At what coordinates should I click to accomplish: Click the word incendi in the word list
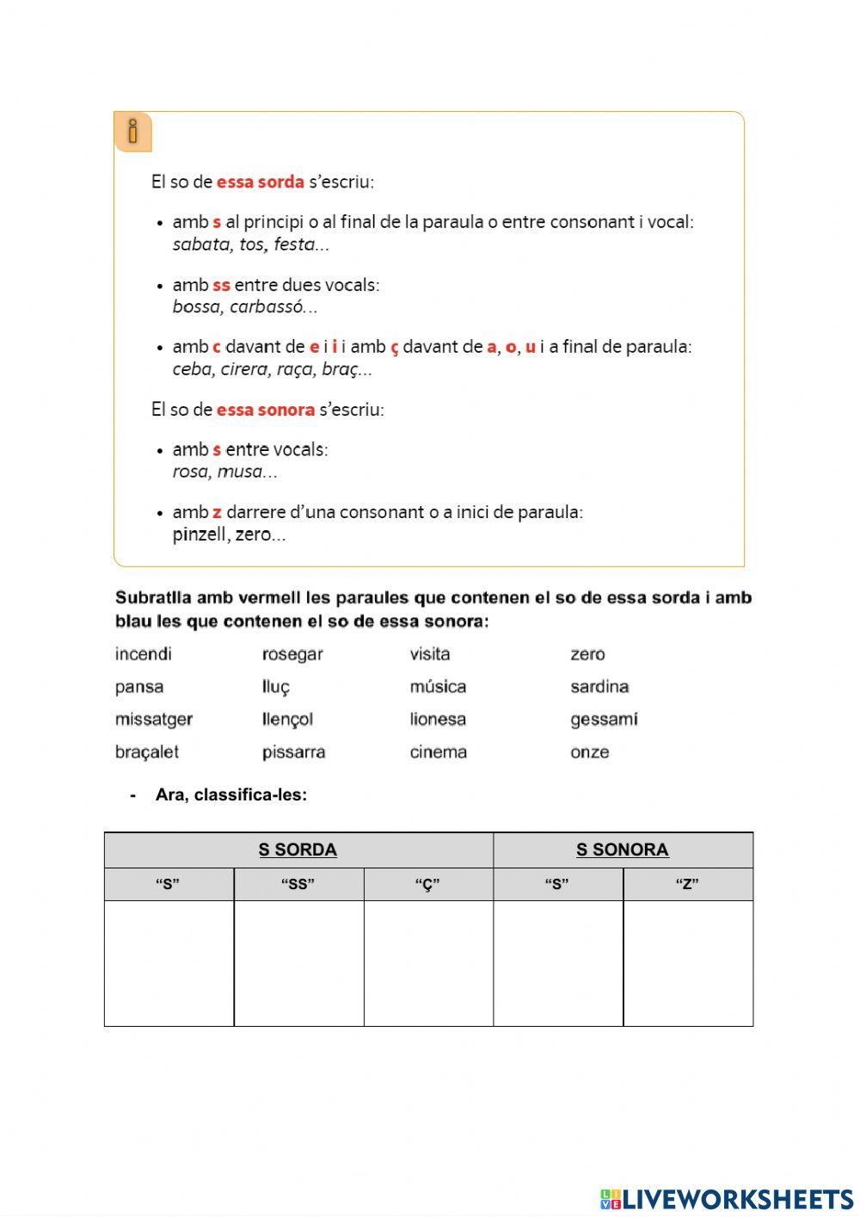143,654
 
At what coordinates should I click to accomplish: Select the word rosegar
292,654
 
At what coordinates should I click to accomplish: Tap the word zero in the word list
587,654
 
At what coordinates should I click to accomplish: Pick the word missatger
154,720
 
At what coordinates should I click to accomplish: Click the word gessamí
604,720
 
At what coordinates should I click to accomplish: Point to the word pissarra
293,752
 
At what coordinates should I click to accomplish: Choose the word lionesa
438,720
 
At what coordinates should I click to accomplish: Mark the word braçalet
147,752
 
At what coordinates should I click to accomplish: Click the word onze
589,752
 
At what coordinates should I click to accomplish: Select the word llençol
287,720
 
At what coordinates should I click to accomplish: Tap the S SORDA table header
298,850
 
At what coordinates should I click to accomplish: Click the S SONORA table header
622,850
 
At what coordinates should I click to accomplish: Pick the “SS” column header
298,885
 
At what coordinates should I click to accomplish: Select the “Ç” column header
427,885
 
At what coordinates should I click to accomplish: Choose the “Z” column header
687,885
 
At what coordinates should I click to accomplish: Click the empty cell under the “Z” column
687,963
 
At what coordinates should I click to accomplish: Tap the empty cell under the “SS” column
298,963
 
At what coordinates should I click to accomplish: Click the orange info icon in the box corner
132,132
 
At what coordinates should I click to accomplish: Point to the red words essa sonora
265,410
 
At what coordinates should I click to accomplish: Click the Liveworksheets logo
727,1199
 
